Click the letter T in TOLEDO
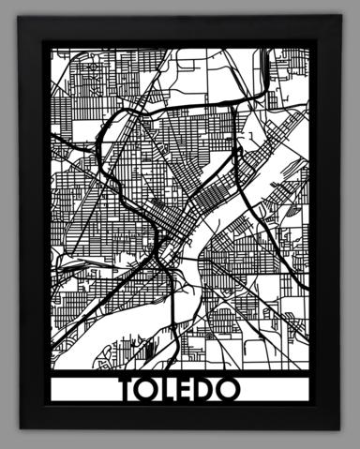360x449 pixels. [x=128, y=389]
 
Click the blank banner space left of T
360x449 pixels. [x=84, y=389]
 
